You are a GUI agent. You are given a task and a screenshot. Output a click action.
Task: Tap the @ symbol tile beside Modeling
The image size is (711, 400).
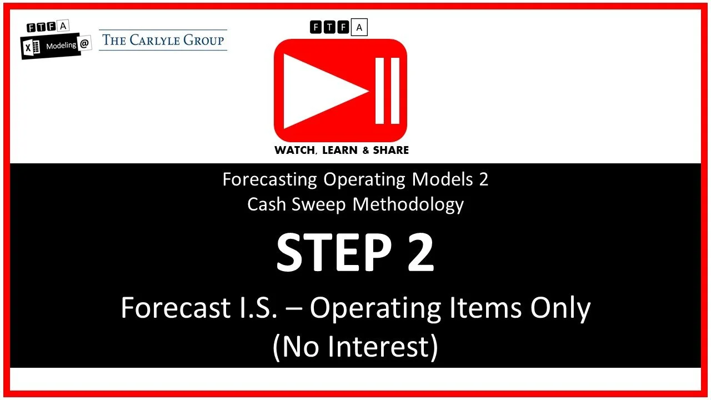(x=84, y=44)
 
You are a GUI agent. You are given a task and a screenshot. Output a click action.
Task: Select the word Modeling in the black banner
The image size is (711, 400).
(x=61, y=46)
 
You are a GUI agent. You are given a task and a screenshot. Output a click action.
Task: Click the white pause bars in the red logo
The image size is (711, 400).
(x=387, y=90)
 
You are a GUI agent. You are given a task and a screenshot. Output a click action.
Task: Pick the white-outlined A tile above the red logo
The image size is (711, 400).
(x=359, y=27)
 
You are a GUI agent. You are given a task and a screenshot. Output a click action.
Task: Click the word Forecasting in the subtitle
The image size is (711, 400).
(x=270, y=179)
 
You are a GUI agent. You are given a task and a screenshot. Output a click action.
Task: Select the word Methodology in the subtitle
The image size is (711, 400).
(x=408, y=204)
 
